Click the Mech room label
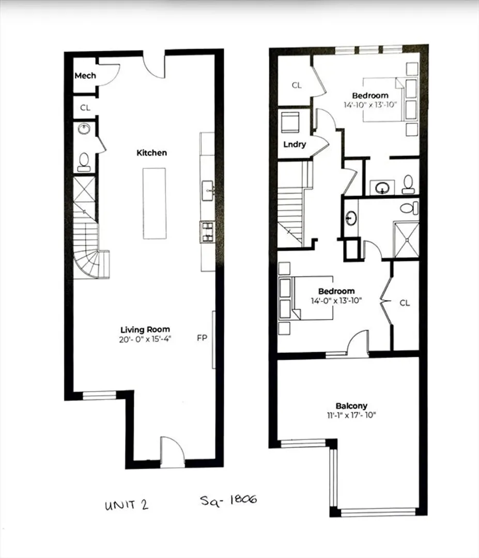(85, 75)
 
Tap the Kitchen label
(151, 152)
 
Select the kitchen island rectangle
(154, 204)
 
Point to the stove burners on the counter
(207, 232)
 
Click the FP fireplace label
(202, 338)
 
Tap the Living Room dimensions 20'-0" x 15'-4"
(145, 339)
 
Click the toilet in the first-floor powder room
(84, 162)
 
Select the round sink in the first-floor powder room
(84, 129)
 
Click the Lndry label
(295, 145)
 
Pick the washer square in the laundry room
(290, 123)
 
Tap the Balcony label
(351, 406)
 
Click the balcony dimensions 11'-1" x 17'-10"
(351, 415)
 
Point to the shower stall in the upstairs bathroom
(406, 240)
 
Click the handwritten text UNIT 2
(126, 505)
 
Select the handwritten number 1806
(243, 499)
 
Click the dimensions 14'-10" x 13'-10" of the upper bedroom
(370, 104)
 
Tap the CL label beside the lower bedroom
(405, 303)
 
